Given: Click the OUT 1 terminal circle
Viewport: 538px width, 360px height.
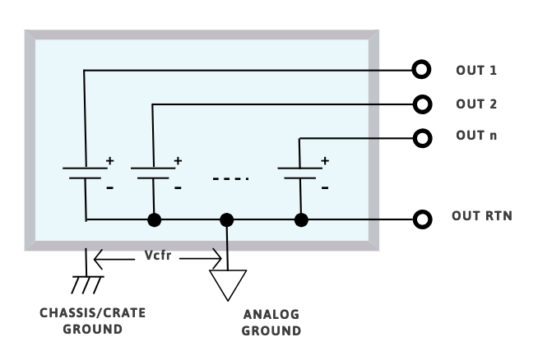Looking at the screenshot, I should [422, 70].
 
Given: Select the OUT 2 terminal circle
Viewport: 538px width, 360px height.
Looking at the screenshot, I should [422, 104].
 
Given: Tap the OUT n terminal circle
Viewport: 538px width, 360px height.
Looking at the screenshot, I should [422, 137].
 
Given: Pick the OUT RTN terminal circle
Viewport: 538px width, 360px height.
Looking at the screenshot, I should [422, 219].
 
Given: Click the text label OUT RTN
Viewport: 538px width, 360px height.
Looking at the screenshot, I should [482, 217].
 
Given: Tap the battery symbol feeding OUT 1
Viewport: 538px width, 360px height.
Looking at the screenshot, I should [84, 173].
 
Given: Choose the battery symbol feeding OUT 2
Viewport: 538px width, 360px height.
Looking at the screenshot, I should [153, 173].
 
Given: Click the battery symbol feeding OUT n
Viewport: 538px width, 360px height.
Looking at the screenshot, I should [299, 173].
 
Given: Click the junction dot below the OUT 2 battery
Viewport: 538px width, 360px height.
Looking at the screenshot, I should [153, 219].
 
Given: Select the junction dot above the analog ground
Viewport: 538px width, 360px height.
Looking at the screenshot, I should [227, 219].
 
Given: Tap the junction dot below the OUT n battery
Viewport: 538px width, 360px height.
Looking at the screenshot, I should [301, 219].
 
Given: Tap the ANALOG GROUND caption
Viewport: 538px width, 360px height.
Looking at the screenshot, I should [271, 323].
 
